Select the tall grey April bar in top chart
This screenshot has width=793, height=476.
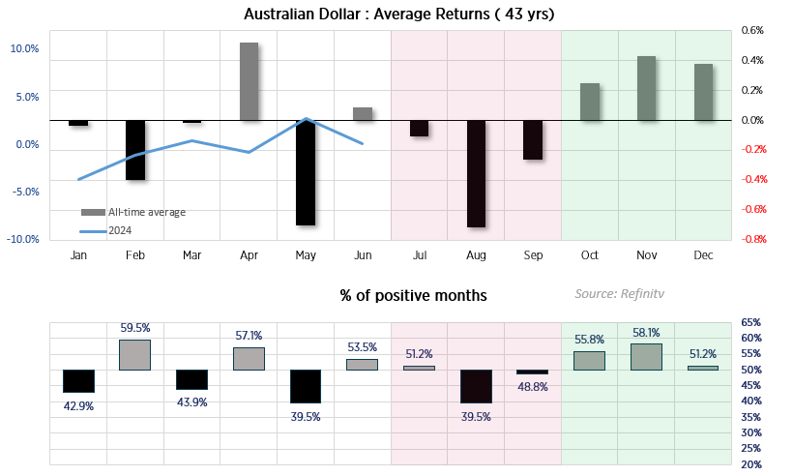point(249,81)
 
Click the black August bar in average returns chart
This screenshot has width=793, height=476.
point(476,174)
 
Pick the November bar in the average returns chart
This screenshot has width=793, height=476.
point(646,88)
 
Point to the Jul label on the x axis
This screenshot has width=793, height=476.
point(419,255)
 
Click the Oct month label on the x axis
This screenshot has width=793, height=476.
point(589,255)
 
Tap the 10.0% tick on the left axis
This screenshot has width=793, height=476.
point(24,49)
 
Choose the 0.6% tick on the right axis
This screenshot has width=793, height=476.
point(752,31)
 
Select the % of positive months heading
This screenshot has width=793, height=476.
point(413,295)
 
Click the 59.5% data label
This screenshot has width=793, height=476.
point(134,329)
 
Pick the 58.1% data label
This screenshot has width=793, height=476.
point(646,332)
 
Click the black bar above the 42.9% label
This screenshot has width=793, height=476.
point(78,380)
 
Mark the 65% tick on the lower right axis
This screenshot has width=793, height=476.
point(750,322)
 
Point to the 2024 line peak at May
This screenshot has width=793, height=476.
point(306,119)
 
